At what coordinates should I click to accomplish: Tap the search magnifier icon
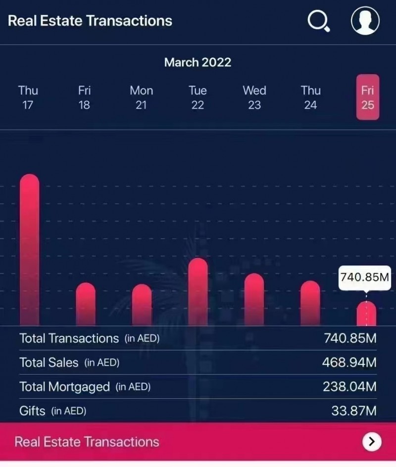(x=318, y=21)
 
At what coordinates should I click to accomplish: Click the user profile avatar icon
(x=365, y=21)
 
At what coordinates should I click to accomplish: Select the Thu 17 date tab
(x=28, y=97)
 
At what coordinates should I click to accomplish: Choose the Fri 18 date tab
(x=85, y=97)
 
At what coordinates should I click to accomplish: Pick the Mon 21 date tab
(x=141, y=97)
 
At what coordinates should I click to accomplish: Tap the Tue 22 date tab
(x=198, y=97)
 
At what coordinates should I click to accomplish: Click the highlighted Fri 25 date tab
(x=367, y=97)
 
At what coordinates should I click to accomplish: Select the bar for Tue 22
(x=198, y=292)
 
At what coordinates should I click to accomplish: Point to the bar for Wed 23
(x=254, y=299)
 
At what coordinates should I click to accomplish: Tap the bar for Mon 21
(x=142, y=305)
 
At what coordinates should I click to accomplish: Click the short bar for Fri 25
(x=366, y=314)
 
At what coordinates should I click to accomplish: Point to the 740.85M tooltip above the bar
(x=365, y=277)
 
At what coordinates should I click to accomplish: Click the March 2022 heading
(x=198, y=62)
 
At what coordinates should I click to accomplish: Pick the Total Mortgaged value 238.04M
(x=349, y=386)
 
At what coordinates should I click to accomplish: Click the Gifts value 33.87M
(x=353, y=411)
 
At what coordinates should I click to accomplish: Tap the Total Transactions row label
(x=69, y=338)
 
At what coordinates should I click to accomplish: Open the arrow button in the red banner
(x=372, y=441)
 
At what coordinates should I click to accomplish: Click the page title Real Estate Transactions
(x=90, y=21)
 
